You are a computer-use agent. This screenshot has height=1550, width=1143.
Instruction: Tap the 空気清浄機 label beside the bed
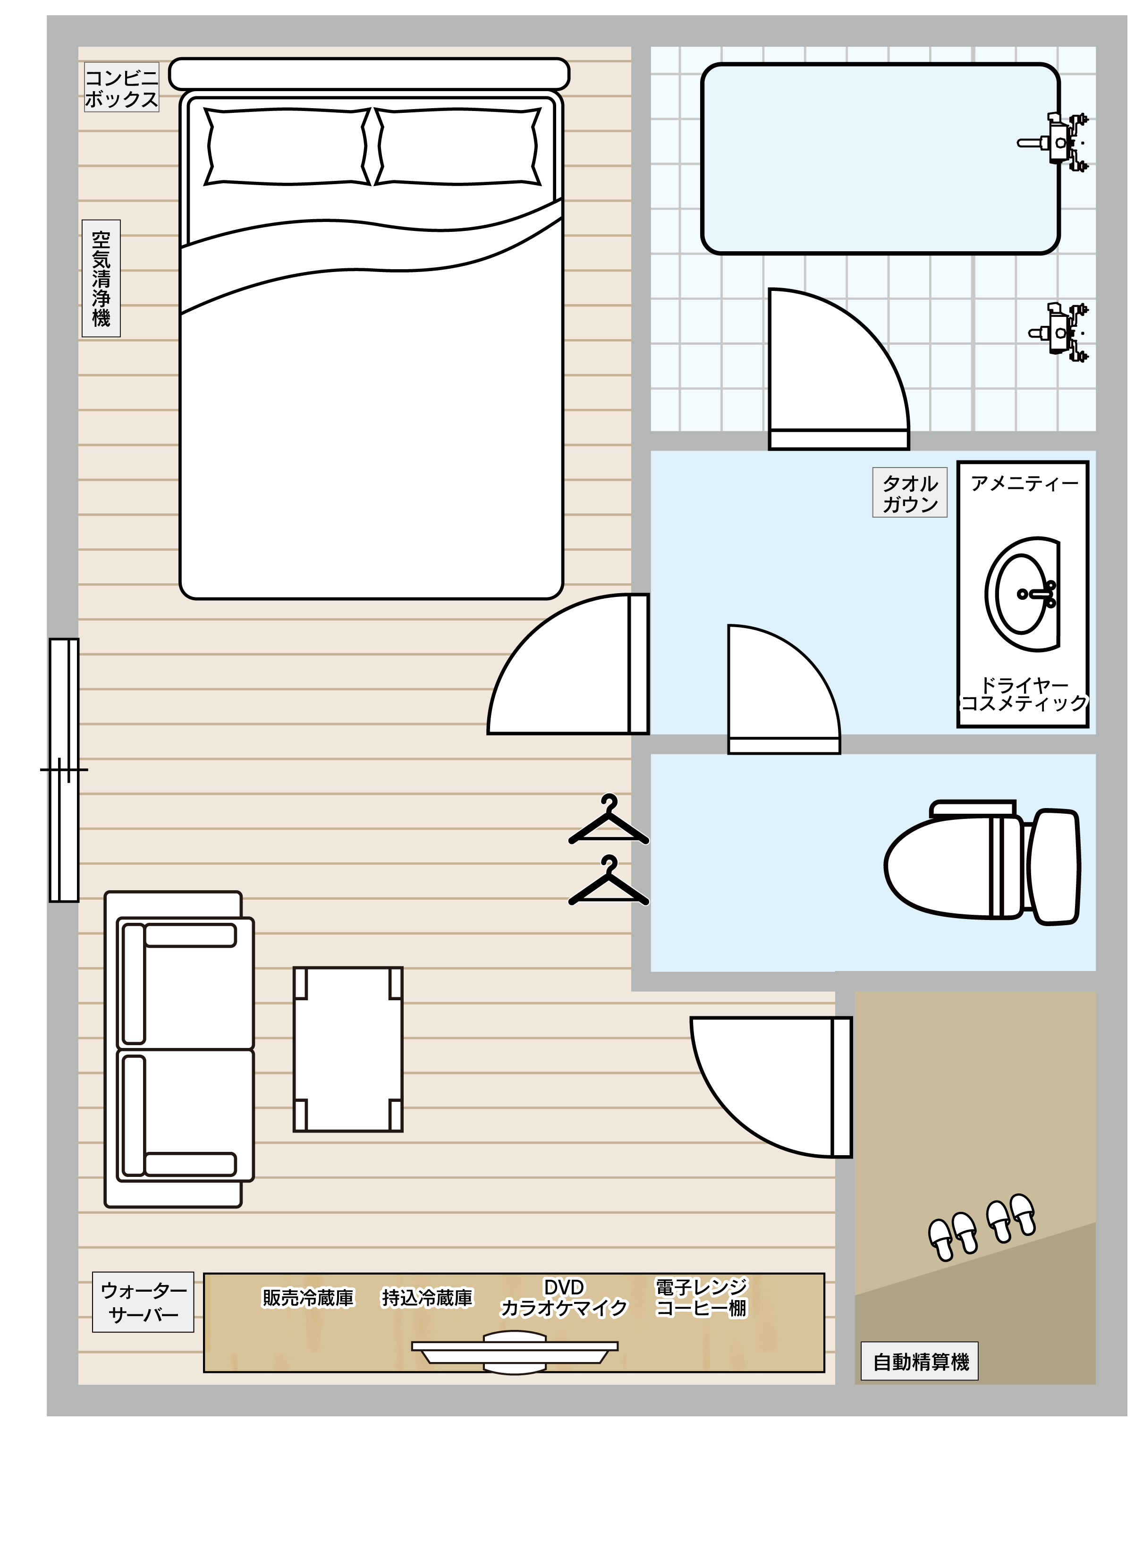(101, 278)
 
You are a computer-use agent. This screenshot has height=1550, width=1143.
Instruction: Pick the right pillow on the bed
(457, 147)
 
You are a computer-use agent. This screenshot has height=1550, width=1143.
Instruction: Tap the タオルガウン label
(910, 494)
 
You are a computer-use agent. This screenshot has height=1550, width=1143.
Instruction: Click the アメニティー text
(1024, 483)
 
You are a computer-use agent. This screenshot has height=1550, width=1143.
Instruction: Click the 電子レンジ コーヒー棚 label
(702, 1298)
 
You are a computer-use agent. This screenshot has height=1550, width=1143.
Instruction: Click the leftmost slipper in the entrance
(941, 1240)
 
